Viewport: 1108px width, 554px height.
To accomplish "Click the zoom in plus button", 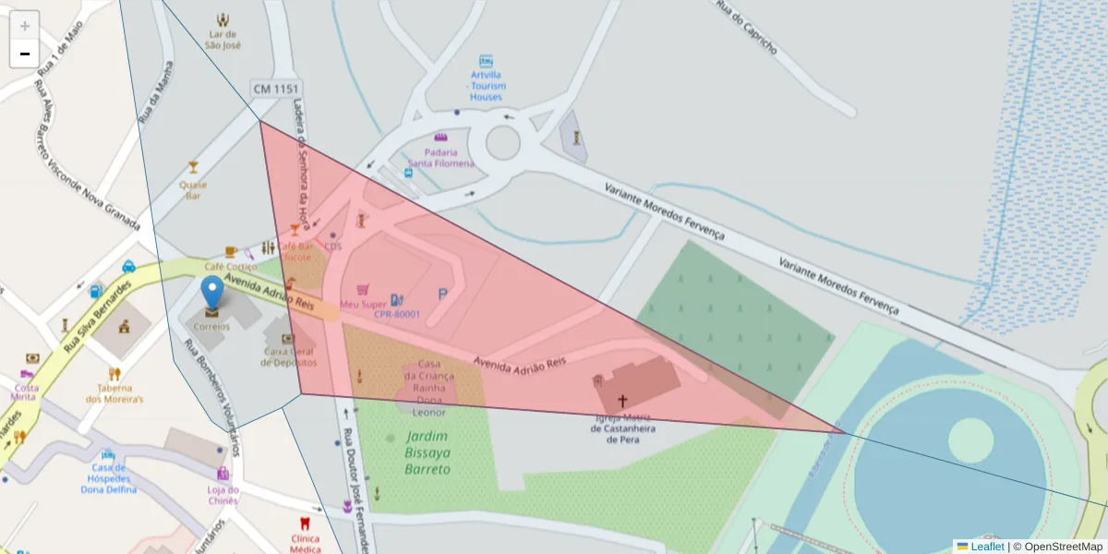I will pyautogui.click(x=24, y=26).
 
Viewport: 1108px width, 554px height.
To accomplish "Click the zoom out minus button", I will pyautogui.click(x=24, y=54).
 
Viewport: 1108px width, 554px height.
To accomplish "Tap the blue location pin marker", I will pyautogui.click(x=212, y=292).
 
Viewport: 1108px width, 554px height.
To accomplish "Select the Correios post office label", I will pyautogui.click(x=212, y=326).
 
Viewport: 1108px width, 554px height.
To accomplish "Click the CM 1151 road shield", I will pyautogui.click(x=276, y=89).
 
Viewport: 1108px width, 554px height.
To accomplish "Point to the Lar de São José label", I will pyautogui.click(x=223, y=39).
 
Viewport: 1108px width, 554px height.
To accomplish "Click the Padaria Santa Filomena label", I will pyautogui.click(x=448, y=158).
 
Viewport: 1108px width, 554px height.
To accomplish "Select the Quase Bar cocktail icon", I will pyautogui.click(x=193, y=167).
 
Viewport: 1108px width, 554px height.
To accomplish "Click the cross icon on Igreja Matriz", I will pyautogui.click(x=623, y=401).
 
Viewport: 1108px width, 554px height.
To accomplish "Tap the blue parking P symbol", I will pyautogui.click(x=442, y=295).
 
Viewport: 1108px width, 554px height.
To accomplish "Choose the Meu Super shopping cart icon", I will pyautogui.click(x=363, y=289).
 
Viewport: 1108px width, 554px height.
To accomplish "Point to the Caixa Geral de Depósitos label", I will pyautogui.click(x=288, y=356).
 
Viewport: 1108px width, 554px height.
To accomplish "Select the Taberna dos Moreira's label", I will pyautogui.click(x=114, y=393).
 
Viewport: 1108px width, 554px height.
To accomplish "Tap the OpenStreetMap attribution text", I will pyautogui.click(x=1057, y=546).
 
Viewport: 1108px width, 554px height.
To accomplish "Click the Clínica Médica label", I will pyautogui.click(x=305, y=544).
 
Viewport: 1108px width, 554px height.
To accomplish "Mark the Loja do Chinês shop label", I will pyautogui.click(x=223, y=495).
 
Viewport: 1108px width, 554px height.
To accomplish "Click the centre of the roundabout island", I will pyautogui.click(x=502, y=142).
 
